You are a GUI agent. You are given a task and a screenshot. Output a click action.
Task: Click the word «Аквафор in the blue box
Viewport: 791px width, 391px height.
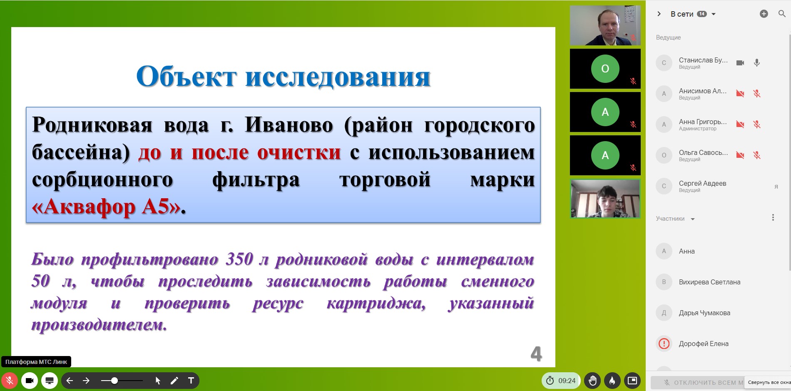pos(83,207)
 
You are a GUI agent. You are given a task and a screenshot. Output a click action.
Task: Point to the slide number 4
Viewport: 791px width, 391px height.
pos(536,354)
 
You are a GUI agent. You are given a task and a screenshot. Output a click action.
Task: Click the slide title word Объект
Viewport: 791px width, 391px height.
pos(187,77)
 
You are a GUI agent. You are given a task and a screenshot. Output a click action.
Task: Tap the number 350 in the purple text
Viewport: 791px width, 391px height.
pos(240,259)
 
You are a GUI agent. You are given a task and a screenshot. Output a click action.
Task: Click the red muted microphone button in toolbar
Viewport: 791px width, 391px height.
pos(10,380)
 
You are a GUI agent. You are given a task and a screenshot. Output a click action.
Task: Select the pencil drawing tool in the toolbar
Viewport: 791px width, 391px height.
pos(174,380)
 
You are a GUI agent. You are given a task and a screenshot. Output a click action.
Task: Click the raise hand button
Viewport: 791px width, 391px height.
pos(592,380)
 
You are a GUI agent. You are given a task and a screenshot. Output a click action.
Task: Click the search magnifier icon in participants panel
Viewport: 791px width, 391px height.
pos(782,14)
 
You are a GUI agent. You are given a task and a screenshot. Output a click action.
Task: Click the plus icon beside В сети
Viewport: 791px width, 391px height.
pos(764,14)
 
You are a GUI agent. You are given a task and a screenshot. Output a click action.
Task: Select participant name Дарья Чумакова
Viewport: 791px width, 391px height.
pos(704,313)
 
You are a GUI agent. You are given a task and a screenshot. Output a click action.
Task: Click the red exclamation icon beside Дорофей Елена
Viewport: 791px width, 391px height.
pos(664,344)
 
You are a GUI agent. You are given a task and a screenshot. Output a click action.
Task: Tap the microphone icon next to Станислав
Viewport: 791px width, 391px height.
pos(757,63)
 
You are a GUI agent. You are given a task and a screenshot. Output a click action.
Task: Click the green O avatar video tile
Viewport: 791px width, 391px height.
pos(605,69)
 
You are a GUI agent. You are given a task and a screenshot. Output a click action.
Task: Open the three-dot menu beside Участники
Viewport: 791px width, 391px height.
pos(773,217)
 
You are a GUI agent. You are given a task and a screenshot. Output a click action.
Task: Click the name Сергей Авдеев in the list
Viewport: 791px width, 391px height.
pos(702,183)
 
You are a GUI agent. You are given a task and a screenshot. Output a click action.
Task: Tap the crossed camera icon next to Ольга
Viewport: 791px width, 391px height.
pos(740,155)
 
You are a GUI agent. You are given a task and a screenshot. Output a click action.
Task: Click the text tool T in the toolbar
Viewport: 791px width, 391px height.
pos(191,380)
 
